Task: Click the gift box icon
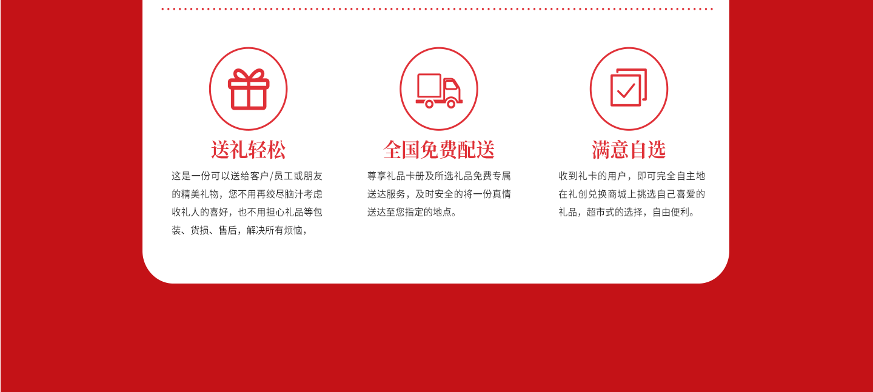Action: click(249, 89)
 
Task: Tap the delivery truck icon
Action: click(439, 90)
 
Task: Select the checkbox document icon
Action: click(628, 88)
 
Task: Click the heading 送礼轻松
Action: click(249, 150)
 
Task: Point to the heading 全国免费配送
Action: click(439, 150)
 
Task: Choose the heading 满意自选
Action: click(629, 150)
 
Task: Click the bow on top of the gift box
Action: click(249, 75)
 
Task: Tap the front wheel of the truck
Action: click(451, 104)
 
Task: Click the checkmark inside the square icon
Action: click(626, 91)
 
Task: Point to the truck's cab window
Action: click(450, 85)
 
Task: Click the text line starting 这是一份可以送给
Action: click(247, 176)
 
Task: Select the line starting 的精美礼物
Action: click(247, 194)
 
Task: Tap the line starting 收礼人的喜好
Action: click(247, 213)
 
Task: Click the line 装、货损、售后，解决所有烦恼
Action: click(240, 231)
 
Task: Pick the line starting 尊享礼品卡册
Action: click(439, 176)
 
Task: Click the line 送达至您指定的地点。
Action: click(412, 213)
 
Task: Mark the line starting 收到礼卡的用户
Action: click(632, 176)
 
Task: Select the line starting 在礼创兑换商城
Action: click(632, 194)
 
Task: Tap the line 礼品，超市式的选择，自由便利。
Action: click(626, 213)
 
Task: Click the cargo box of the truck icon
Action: click(429, 85)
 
